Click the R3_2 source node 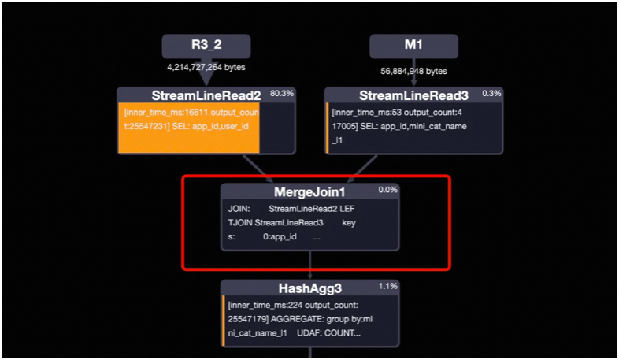(x=206, y=46)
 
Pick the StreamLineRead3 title (x=402, y=95)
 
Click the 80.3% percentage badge (x=281, y=93)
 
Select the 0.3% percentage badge (x=492, y=93)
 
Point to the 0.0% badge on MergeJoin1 (x=388, y=189)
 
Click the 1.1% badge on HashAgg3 (x=388, y=286)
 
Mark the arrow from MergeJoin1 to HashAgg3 (x=311, y=264)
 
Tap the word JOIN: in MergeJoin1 (x=239, y=209)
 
